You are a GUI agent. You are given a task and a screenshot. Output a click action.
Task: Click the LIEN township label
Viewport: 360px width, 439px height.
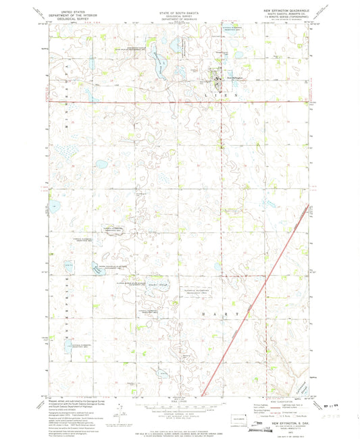[x=217, y=97]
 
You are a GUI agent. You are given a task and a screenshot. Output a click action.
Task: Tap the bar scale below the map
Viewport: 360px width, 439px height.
[x=180, y=405]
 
